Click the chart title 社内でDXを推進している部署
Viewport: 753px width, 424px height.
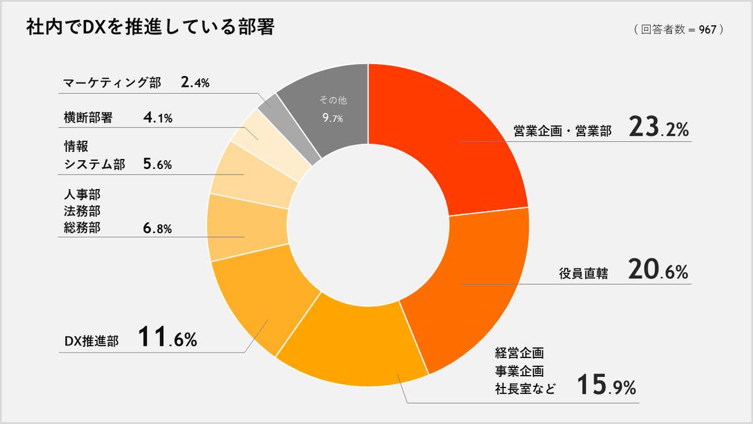pos(150,28)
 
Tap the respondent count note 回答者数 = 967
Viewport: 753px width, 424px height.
pos(678,30)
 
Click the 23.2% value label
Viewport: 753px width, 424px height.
pos(658,129)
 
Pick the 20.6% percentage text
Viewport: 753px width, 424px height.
pos(658,271)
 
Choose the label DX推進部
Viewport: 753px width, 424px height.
pos(92,340)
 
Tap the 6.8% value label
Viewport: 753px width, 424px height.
pos(158,229)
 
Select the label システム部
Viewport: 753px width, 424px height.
pos(94,165)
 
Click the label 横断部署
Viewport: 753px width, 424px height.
pos(88,117)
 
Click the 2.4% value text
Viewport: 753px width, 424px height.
pos(195,82)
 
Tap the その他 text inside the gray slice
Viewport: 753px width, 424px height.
pos(333,100)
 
